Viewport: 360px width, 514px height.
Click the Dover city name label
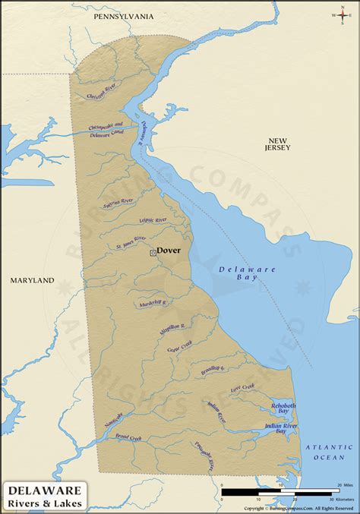click(x=169, y=249)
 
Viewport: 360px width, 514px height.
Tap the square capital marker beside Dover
click(x=153, y=252)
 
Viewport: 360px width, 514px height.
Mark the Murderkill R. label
click(x=153, y=302)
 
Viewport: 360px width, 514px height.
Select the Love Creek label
click(x=242, y=388)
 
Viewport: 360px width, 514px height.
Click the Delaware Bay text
click(x=238, y=273)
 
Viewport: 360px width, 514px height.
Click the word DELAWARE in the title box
click(x=45, y=490)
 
